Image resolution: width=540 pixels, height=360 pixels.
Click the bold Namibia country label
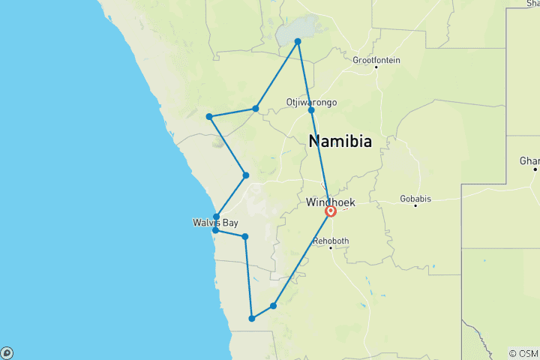[x=340, y=140]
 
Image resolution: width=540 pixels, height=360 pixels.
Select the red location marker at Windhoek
[x=330, y=211]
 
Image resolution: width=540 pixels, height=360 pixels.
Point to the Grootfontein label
[x=376, y=60]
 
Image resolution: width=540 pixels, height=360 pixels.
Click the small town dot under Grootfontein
[x=376, y=67]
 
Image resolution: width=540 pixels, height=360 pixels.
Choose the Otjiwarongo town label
[x=311, y=102]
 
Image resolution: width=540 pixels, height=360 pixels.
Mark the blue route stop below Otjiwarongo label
[x=311, y=111]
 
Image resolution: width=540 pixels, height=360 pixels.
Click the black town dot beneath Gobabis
[x=415, y=205]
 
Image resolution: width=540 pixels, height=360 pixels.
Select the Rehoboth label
[x=331, y=241]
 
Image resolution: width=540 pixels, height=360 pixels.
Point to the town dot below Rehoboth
[x=331, y=247]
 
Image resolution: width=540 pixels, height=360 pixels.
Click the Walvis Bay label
[x=214, y=223]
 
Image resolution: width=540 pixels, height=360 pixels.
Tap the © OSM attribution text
[x=523, y=353]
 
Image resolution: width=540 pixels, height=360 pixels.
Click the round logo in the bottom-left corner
[x=7, y=352]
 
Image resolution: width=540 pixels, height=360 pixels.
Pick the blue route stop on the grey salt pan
[x=298, y=41]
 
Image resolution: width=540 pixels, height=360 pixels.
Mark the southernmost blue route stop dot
[x=252, y=319]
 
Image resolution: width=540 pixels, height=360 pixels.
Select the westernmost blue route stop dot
[x=209, y=116]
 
